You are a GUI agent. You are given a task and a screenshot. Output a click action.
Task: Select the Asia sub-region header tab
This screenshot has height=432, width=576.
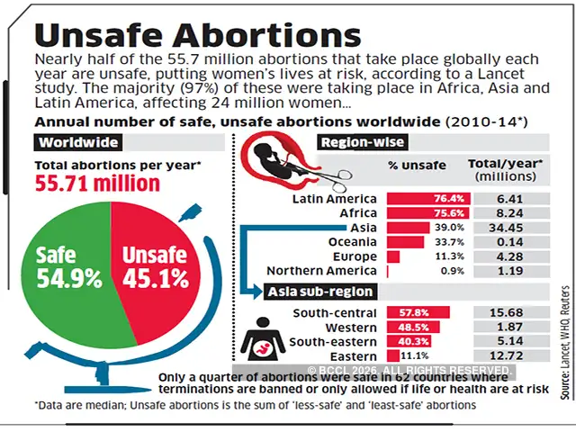click(319, 292)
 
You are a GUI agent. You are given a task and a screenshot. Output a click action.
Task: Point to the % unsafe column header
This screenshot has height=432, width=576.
click(418, 166)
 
